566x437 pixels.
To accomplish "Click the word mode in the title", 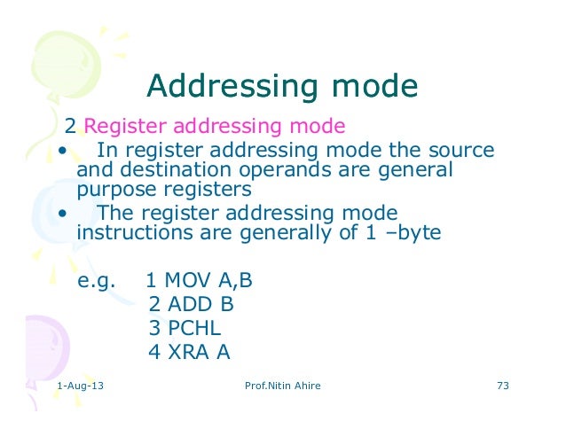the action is tap(372, 87).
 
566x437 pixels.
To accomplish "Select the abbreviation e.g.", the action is tap(98, 281).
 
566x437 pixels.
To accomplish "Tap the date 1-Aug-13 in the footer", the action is tap(78, 387).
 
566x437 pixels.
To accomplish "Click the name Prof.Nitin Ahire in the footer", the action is tap(282, 387).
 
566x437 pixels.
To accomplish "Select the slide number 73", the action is tap(502, 387).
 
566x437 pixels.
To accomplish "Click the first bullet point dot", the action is tap(62, 150).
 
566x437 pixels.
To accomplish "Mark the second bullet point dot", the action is tap(62, 214).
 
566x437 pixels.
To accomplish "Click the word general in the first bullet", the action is tap(415, 170).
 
